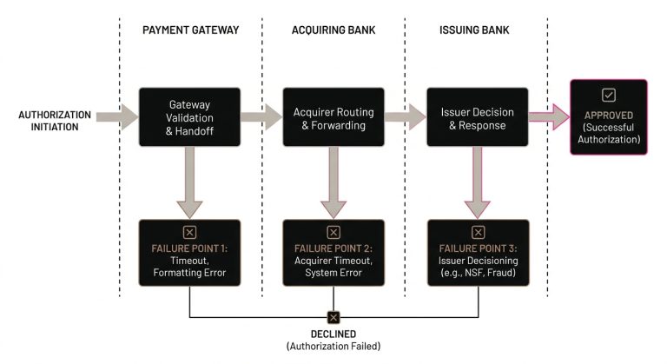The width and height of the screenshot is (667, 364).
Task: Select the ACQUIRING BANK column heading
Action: (x=333, y=30)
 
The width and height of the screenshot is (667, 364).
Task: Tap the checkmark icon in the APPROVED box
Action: (x=608, y=95)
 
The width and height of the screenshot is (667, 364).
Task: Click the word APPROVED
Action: (x=608, y=115)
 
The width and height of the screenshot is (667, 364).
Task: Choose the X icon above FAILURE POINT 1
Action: (x=189, y=233)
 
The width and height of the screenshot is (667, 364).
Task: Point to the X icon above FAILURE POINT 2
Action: (x=333, y=233)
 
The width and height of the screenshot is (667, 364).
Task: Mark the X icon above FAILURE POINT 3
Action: (x=477, y=233)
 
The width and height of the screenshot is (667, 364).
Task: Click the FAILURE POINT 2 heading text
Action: (x=333, y=249)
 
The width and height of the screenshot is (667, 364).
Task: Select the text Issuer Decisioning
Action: (x=477, y=261)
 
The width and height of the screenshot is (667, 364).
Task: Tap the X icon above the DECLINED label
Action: (x=333, y=317)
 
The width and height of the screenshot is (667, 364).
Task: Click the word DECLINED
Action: (x=333, y=334)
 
